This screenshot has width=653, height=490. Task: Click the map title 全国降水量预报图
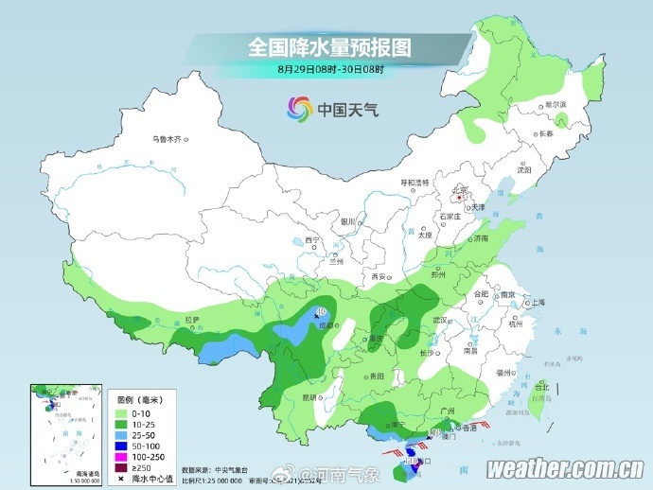329,46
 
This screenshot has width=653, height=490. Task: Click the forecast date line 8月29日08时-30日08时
330,68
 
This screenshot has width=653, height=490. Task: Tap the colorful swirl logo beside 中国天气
298,109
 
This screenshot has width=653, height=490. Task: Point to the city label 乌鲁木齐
166,139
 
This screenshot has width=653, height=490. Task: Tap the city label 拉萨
192,320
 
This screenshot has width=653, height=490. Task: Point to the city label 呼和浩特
413,182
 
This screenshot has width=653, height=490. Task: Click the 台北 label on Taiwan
541,387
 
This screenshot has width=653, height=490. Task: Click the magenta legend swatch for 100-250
121,456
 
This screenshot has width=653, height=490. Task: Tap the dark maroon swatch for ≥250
121,467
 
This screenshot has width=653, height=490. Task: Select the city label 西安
379,276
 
